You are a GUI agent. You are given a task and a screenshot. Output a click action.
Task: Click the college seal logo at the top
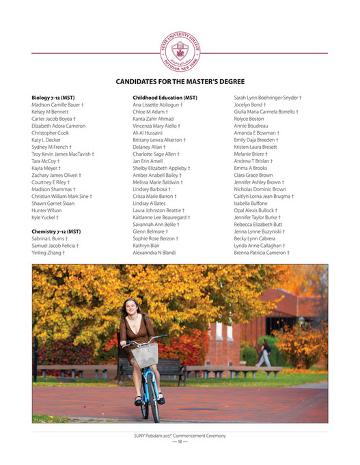(x=180, y=50)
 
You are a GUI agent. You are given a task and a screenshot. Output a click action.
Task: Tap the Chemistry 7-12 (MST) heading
(x=56, y=231)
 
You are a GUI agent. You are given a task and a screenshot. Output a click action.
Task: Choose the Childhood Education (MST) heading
(x=165, y=98)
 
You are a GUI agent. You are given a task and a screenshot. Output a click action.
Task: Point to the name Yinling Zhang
(x=48, y=253)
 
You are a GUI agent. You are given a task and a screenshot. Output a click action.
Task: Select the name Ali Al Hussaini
(x=152, y=133)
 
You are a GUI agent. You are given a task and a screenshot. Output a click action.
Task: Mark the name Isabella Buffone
(x=252, y=203)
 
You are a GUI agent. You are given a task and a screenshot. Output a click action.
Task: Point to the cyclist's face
(x=129, y=307)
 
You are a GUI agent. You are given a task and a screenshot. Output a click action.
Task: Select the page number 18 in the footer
(x=180, y=442)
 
